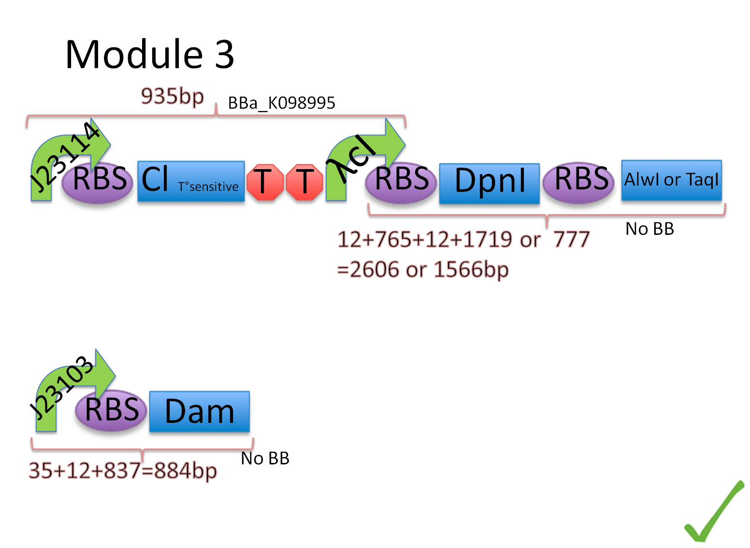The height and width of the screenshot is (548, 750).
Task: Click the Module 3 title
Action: click(x=150, y=54)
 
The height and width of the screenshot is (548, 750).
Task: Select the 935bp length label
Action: click(x=172, y=96)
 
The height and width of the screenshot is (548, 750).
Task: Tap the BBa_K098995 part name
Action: click(x=281, y=103)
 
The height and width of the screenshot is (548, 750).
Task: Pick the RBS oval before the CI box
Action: click(x=98, y=181)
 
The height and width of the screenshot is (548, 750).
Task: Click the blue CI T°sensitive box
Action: click(x=191, y=181)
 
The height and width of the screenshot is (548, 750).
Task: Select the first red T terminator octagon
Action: click(x=264, y=182)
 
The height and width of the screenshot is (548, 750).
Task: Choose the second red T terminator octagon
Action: click(x=304, y=182)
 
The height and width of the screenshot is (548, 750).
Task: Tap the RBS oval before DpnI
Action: click(x=401, y=180)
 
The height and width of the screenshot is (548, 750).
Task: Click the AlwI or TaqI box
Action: click(x=672, y=180)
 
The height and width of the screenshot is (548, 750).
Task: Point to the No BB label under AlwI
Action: click(x=649, y=229)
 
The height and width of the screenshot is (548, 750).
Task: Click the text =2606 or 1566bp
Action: click(x=423, y=270)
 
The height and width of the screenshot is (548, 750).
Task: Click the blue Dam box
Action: click(x=200, y=412)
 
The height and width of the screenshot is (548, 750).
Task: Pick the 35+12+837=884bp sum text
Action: click(x=123, y=471)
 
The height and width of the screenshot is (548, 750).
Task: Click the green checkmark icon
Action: click(x=713, y=511)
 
